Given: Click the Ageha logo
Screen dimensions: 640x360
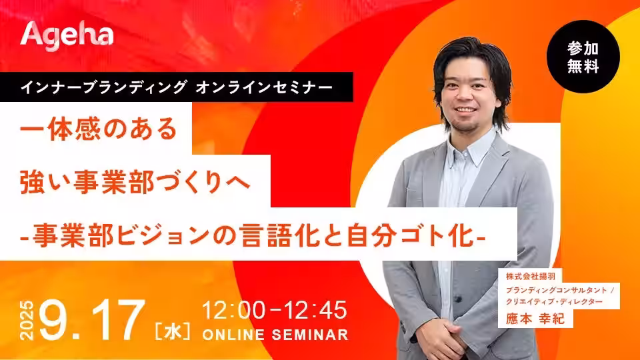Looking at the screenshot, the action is tap(67, 36).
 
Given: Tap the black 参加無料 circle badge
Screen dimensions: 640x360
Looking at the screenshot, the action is tap(583, 57).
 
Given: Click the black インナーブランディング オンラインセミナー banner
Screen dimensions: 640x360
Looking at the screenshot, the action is tap(176, 87).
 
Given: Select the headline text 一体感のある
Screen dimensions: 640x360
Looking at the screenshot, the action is tap(99, 129).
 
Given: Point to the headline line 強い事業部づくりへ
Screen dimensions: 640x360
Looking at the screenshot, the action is tap(135, 181).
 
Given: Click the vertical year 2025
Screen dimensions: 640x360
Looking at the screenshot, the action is tap(27, 321).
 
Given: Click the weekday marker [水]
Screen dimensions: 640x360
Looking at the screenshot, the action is tap(172, 331).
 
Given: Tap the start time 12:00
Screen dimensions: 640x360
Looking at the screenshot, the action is tap(234, 310).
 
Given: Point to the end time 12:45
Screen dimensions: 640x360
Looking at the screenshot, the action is tap(315, 310).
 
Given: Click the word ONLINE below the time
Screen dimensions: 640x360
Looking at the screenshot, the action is tap(233, 335).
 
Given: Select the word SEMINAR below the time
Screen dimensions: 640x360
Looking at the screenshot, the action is tap(310, 335).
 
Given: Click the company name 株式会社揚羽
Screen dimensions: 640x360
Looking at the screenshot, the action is tap(531, 276).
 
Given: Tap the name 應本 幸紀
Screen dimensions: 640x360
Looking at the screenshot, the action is tap(535, 319).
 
